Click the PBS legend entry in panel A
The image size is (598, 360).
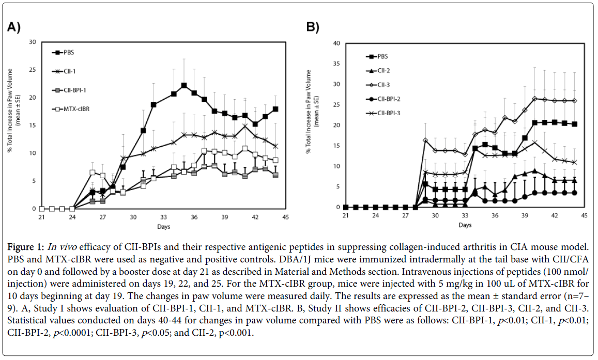click(65, 52)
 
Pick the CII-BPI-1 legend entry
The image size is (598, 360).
click(70, 90)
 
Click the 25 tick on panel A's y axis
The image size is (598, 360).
click(33, 70)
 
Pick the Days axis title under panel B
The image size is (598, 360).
click(465, 225)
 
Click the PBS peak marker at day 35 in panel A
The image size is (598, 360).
click(183, 85)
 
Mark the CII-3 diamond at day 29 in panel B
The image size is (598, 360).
click(425, 140)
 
